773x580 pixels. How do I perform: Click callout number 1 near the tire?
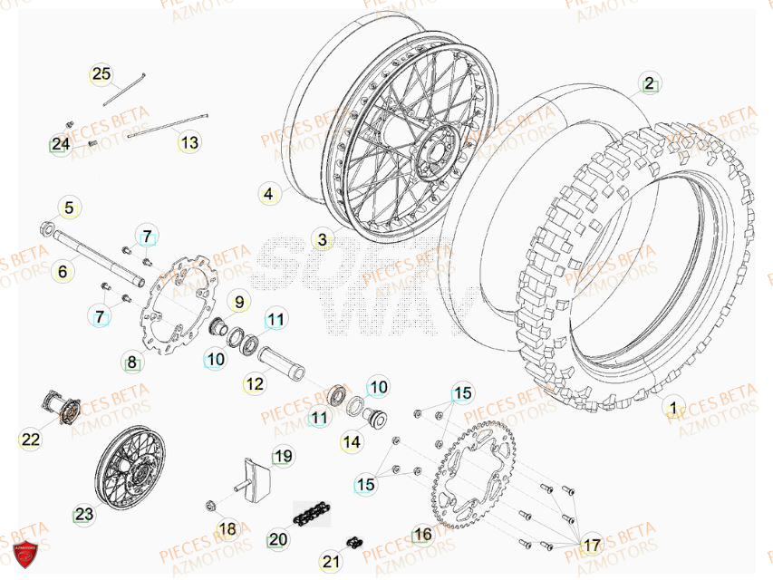pos(672,406)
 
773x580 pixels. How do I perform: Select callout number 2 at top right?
pos(648,83)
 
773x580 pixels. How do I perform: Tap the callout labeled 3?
pos(322,240)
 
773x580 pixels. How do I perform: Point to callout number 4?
pos(268,193)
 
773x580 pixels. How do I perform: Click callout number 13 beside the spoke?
pos(188,142)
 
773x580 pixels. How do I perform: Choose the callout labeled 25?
pos(101,73)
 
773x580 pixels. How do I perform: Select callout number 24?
pos(60,144)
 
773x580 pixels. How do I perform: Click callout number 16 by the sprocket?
pos(423,534)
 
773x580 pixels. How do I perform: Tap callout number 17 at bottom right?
pos(592,545)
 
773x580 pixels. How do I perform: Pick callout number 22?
pos(31,440)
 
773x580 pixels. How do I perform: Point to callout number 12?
pos(255,384)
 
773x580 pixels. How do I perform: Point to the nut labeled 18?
pos(209,506)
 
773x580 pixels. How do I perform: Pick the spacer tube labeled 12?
pos(283,364)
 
